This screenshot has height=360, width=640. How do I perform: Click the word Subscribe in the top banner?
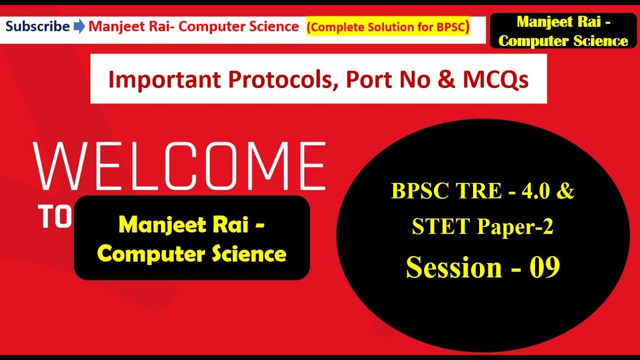pos(37,26)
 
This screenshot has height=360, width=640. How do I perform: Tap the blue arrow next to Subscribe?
pos(79,27)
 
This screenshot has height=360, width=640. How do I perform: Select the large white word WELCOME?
pos(180,165)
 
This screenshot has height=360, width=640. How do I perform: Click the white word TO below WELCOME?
pos(55,217)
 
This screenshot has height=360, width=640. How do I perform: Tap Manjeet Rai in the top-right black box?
pos(563,22)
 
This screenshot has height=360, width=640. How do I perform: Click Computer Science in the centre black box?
pos(191,254)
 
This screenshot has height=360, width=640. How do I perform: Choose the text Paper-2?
pos(515,227)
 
